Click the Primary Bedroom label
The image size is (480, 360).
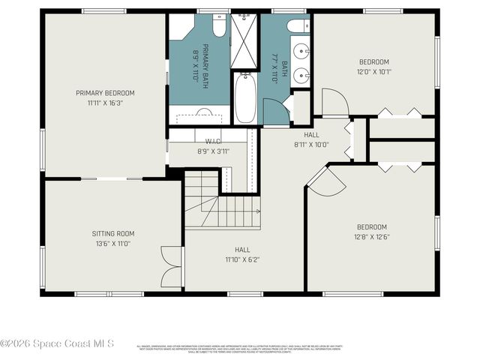tap(105, 93)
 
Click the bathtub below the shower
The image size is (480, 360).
tap(245, 97)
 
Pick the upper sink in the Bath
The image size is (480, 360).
tap(300, 52)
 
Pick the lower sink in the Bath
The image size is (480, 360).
tap(300, 75)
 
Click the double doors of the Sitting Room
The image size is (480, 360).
tap(172, 266)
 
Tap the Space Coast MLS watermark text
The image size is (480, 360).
tap(57, 343)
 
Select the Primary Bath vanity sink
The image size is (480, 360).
tap(204, 113)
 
